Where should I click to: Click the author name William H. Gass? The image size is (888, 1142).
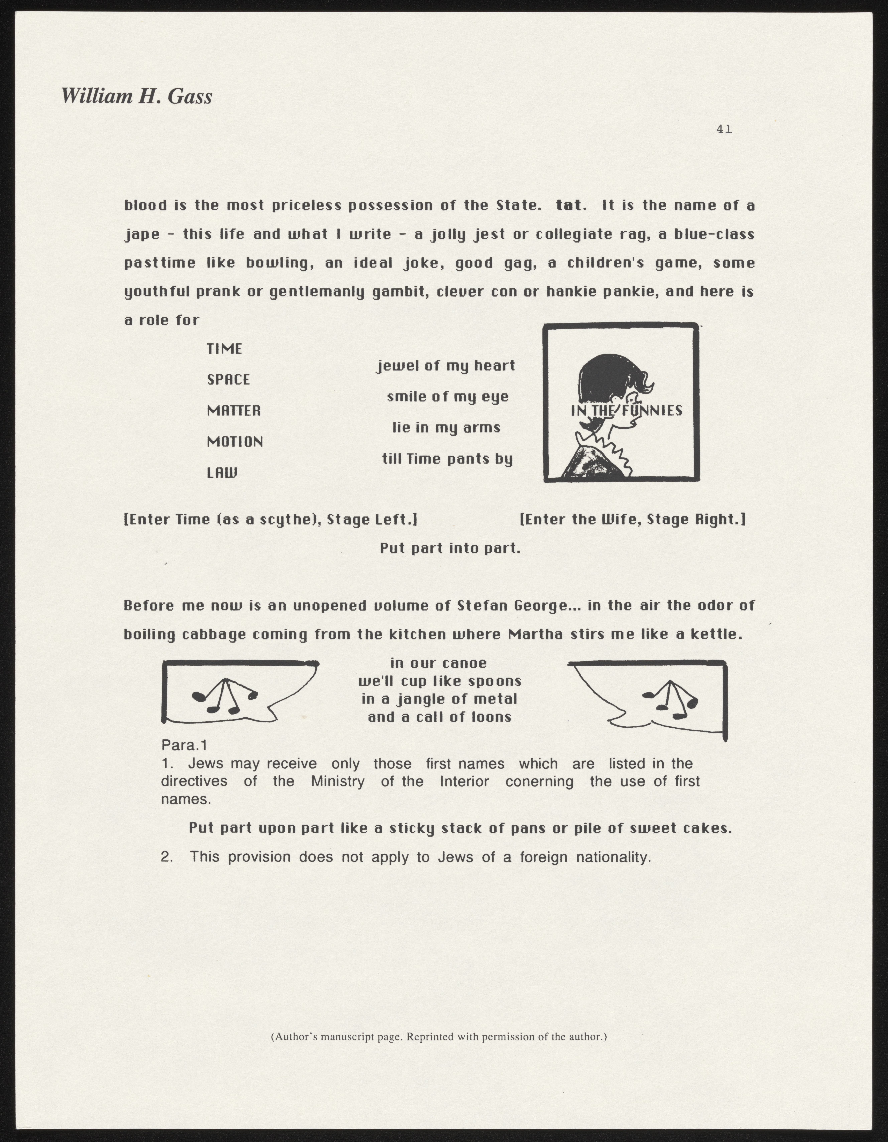137,96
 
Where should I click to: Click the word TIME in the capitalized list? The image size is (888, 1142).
224,349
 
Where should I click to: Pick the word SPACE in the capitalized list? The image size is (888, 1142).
229,380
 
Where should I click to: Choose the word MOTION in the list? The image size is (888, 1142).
235,442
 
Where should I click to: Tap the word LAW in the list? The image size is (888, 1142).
222,473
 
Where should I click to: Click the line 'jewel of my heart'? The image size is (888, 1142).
446,366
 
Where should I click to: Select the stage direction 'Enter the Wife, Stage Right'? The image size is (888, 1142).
632,520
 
